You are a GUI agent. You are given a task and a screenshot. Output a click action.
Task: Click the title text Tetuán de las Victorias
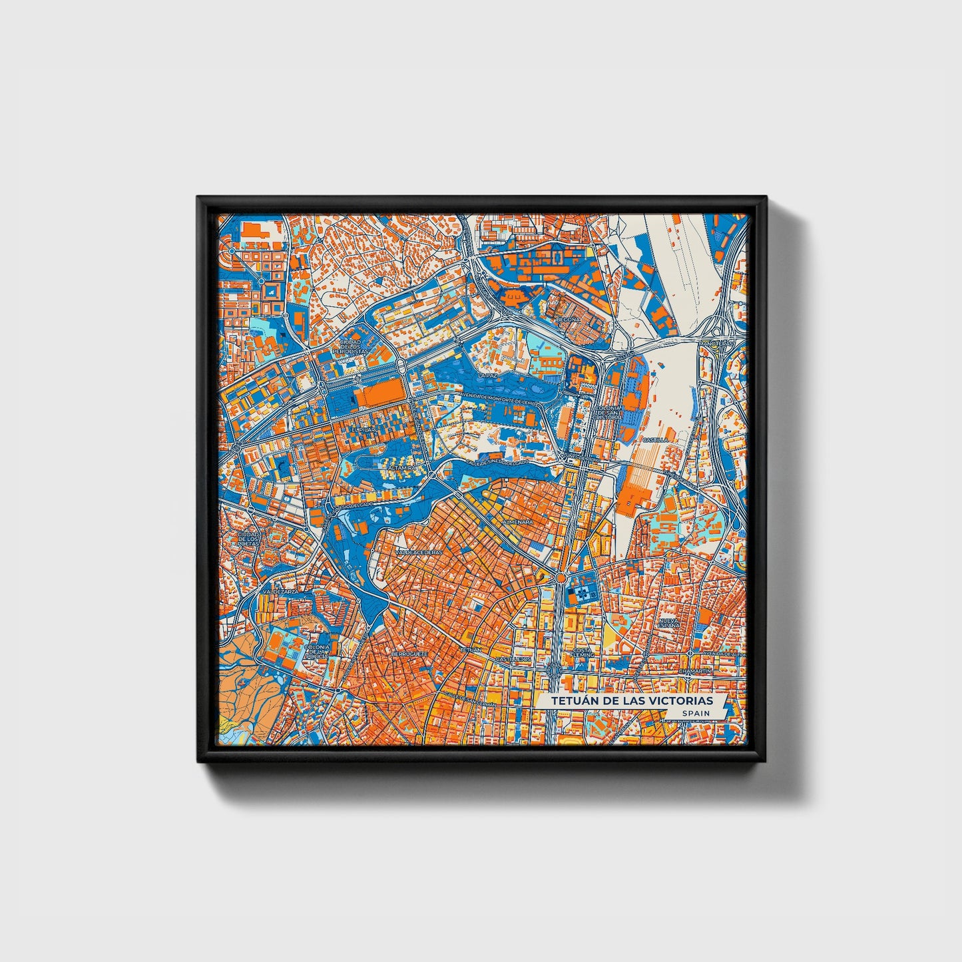click(x=631, y=701)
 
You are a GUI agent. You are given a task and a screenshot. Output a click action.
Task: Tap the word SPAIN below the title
click(x=694, y=713)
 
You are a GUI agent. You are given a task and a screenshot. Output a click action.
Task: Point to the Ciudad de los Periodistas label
click(x=350, y=346)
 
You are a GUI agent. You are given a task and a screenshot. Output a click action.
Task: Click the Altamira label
click(x=401, y=468)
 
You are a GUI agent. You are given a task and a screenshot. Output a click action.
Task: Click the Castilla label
click(x=654, y=440)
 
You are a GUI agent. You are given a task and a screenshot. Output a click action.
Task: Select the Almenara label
click(x=519, y=523)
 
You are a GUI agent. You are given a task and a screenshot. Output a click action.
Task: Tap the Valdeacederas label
click(x=419, y=553)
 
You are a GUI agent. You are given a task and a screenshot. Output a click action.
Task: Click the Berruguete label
click(x=408, y=654)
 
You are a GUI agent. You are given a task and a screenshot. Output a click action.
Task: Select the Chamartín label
click(x=695, y=672)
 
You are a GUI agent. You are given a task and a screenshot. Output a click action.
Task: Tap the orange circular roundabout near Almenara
click(x=561, y=579)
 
